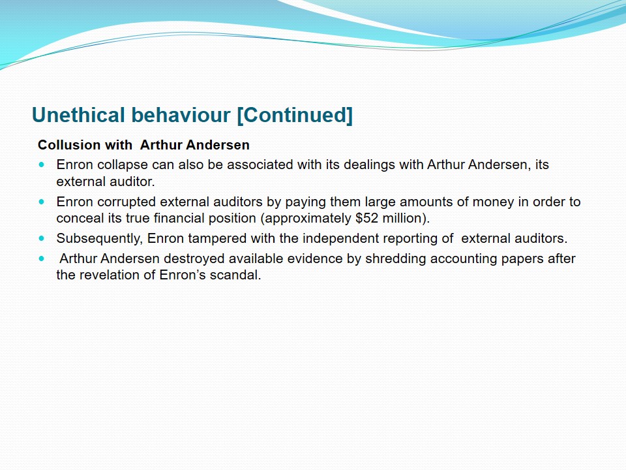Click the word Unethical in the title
pyautogui.click(x=78, y=115)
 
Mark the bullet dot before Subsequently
pyautogui.click(x=42, y=238)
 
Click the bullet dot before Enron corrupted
pyautogui.click(x=42, y=202)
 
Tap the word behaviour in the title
pyautogui.click(x=181, y=115)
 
